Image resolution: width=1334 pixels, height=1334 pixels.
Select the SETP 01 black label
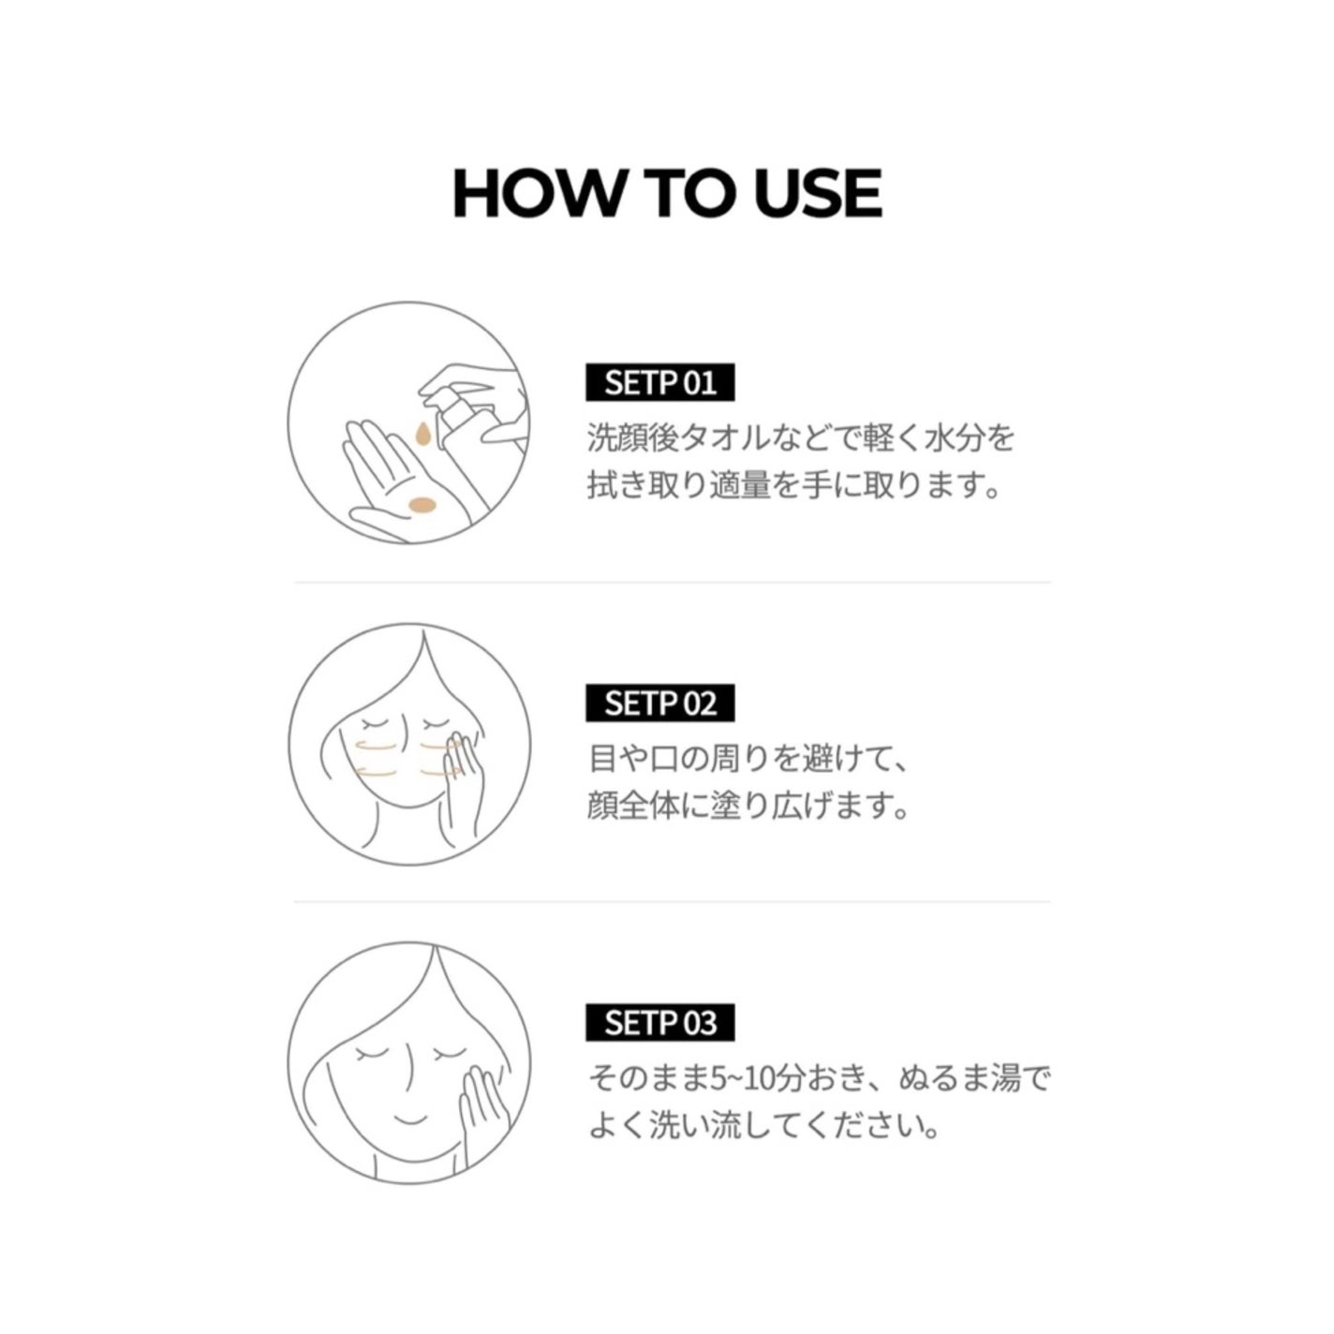click(x=660, y=382)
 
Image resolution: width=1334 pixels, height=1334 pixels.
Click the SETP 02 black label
click(x=660, y=704)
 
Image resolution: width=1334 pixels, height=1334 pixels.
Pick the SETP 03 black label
click(x=660, y=1022)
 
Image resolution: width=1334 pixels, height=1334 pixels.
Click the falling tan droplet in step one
click(x=421, y=434)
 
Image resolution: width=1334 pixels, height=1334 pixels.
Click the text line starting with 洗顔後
click(x=801, y=437)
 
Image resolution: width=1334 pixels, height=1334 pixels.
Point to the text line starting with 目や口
click(x=747, y=759)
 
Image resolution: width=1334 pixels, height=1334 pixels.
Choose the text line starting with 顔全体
click(x=748, y=808)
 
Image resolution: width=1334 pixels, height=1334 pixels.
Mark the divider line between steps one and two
click(x=673, y=583)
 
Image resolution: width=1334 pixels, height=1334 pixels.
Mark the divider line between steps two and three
click(x=673, y=902)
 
